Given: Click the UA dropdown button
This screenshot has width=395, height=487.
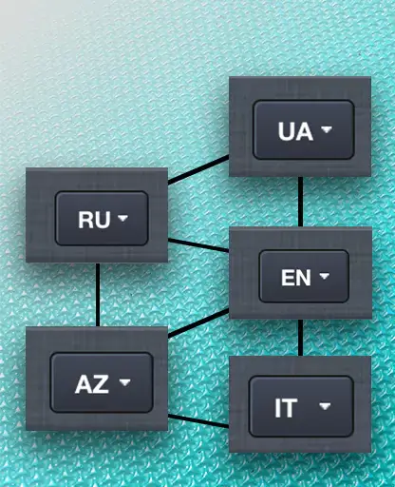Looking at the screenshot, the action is click(x=303, y=129).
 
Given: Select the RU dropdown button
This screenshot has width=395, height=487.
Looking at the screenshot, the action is click(x=102, y=218).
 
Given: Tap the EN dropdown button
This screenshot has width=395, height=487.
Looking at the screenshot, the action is click(x=304, y=276).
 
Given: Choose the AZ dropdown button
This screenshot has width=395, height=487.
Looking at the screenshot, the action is click(x=102, y=382).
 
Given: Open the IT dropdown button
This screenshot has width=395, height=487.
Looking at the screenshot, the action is click(x=301, y=406).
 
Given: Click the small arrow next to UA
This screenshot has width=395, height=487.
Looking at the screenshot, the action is click(x=327, y=129).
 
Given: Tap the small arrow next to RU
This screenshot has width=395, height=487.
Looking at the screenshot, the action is click(x=122, y=218).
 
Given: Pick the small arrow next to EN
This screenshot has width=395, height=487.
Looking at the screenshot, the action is click(x=324, y=276).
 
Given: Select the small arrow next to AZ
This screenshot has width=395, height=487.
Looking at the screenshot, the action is click(x=124, y=382).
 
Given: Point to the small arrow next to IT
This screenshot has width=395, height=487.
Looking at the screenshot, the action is click(x=325, y=406).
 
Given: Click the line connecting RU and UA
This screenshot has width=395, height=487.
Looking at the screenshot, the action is click(x=198, y=169).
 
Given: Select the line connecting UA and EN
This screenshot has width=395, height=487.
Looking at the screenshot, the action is click(x=300, y=202).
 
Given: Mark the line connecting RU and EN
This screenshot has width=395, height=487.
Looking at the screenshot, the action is click(x=198, y=245).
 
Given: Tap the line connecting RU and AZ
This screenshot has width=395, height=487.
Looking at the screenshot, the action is click(x=98, y=295).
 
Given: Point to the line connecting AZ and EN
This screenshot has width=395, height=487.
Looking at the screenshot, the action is click(x=198, y=322).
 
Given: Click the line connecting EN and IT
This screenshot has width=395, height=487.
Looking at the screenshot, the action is click(x=300, y=338).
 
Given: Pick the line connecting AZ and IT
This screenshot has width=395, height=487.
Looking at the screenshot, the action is click(x=198, y=420).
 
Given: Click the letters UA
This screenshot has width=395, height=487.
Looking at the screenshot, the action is click(x=295, y=131).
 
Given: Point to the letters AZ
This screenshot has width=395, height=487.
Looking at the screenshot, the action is click(x=91, y=384).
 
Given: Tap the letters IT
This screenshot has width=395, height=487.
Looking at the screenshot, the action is click(x=286, y=408).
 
